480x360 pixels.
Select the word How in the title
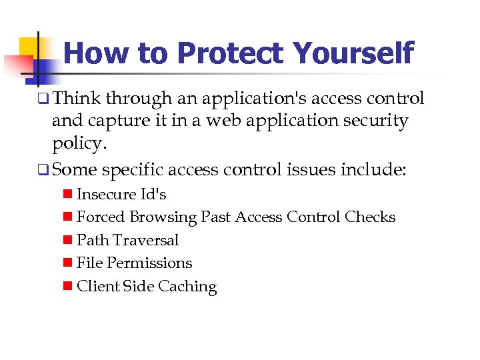click(93, 54)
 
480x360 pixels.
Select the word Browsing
click(165, 217)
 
